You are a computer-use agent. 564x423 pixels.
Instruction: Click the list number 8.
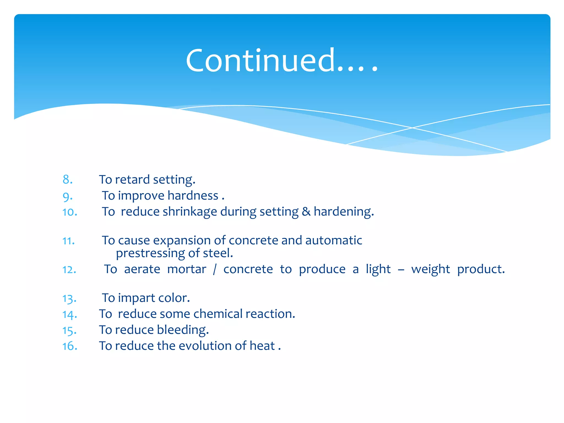point(67,180)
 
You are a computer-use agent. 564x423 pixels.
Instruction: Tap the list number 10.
point(70,212)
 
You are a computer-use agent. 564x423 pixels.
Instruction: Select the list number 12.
point(69,270)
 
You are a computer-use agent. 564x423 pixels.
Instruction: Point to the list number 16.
point(70,346)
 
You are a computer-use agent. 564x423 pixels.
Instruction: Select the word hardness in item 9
point(193,196)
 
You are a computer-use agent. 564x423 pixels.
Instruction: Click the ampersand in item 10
point(306,212)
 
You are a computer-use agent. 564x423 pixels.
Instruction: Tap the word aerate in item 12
point(142,269)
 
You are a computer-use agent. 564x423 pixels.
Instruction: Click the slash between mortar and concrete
point(215,269)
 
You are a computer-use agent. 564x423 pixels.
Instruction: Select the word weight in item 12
point(430,269)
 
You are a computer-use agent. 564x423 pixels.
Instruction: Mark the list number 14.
point(70,314)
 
